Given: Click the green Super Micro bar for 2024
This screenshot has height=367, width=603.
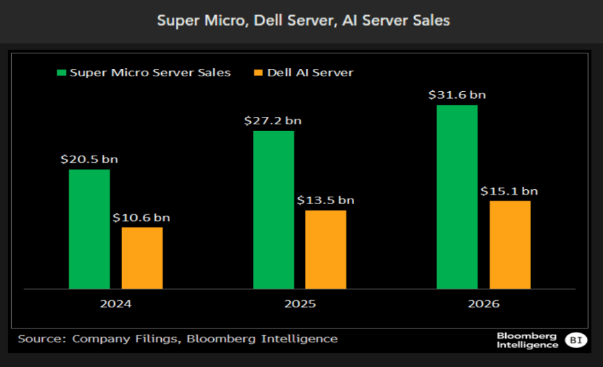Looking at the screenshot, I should [x=89, y=229].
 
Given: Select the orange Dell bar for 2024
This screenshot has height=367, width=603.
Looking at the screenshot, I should [x=142, y=258].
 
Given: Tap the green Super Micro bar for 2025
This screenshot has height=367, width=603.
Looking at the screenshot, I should [x=273, y=210].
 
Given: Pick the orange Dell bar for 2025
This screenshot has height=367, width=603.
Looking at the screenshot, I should [x=326, y=249].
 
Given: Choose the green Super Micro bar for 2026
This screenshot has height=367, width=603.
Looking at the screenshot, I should [x=457, y=197].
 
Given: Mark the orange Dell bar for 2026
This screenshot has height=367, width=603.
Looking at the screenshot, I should [x=510, y=245].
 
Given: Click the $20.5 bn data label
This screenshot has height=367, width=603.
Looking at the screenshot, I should [x=89, y=160].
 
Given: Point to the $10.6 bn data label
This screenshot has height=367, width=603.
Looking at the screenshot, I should [x=142, y=217].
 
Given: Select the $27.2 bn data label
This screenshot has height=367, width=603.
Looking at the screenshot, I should [x=273, y=121].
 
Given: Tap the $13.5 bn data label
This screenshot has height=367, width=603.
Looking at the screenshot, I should [x=326, y=200].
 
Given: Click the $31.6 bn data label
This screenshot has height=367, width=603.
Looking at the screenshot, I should [x=457, y=95].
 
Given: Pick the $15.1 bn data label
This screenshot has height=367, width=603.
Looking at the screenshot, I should [x=510, y=191].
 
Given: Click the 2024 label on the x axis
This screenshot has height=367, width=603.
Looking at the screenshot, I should [x=115, y=304].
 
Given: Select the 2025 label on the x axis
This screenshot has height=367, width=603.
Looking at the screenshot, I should [x=299, y=304].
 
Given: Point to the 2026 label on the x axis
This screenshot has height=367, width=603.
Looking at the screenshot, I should [x=484, y=304].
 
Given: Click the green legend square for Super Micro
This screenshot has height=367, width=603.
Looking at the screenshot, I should [x=62, y=72].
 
